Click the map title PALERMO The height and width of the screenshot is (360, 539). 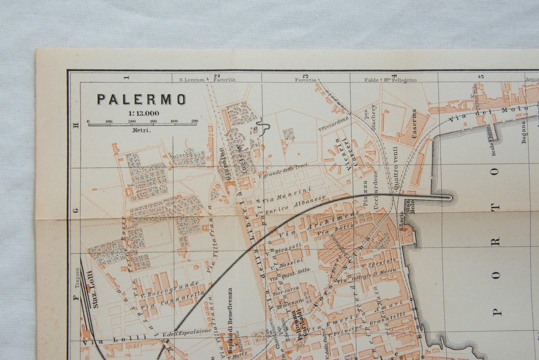coord(141,99)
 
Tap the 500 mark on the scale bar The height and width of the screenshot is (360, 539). coord(194,121)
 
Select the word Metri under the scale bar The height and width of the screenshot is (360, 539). coord(141,130)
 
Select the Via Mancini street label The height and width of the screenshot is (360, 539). coord(287,194)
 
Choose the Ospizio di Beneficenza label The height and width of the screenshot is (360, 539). coord(230,312)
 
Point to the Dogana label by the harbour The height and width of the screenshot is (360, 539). coord(524,131)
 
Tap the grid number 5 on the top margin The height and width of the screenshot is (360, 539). coord(481,77)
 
